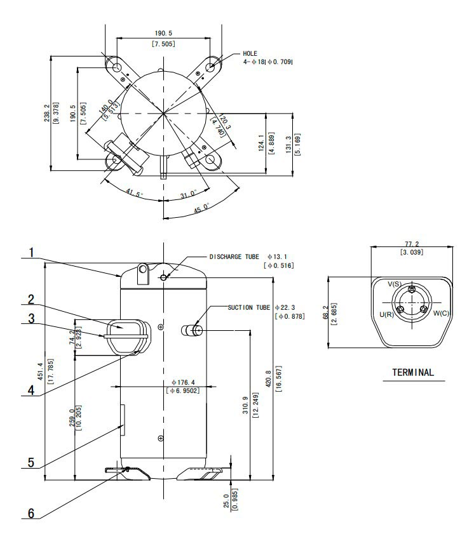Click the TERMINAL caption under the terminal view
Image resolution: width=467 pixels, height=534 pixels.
pos(414,372)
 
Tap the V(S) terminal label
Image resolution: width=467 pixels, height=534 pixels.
pos(395,284)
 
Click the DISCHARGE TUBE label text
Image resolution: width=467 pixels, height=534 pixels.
pos(234,257)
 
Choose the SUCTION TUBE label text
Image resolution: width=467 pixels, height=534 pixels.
pos(249,307)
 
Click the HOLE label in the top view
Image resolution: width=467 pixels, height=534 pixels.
pos(250,54)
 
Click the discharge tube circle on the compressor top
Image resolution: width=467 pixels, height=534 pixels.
pos(165,277)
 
